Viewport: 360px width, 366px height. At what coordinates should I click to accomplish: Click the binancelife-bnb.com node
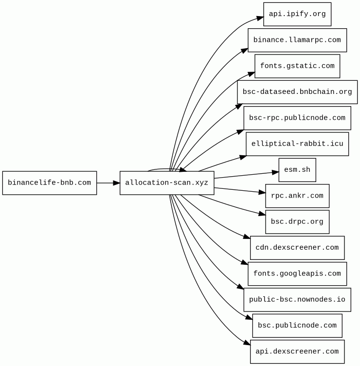(50, 183)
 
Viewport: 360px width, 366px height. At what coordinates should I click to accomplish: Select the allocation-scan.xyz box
(167, 183)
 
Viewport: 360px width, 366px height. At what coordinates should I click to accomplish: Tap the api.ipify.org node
(297, 14)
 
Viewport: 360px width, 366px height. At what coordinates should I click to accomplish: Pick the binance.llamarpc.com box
(297, 40)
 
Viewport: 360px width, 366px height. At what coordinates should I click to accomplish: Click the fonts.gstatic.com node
(297, 66)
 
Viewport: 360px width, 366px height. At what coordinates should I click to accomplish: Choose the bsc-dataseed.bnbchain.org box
(297, 92)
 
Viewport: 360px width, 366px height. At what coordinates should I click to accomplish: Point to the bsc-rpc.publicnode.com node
(297, 118)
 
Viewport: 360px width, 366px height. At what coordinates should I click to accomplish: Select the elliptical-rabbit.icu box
(297, 144)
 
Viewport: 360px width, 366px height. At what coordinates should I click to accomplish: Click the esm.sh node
(297, 170)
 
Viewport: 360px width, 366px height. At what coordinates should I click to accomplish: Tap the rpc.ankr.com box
(297, 196)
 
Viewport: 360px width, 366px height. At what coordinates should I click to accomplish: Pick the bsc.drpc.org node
(297, 221)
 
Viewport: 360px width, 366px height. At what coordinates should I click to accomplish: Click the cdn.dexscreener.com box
(297, 247)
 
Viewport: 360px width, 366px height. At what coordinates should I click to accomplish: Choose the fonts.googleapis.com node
(297, 274)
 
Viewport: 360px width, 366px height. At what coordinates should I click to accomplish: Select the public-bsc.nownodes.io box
(297, 299)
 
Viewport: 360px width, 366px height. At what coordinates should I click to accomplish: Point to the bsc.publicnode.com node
(297, 325)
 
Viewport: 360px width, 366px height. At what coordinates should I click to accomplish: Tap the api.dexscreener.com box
(297, 351)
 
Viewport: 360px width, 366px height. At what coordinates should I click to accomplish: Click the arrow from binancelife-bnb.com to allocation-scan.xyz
(108, 183)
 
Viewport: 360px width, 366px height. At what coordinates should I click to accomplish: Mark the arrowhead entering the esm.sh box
(275, 172)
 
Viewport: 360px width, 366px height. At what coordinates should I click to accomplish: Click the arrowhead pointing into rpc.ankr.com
(262, 192)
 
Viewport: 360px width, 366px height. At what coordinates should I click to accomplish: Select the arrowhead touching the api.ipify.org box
(260, 18)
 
